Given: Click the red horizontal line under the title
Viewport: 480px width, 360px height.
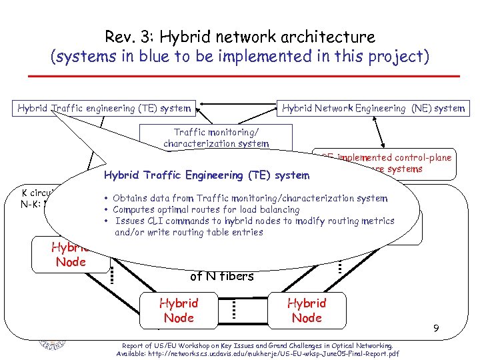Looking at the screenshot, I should coord(239,76).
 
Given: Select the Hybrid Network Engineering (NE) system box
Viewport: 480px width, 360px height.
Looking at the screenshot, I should coord(373,108).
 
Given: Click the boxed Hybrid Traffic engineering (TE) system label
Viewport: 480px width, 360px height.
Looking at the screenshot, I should coord(104,108).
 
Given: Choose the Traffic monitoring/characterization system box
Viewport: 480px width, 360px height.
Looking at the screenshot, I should coord(216,138).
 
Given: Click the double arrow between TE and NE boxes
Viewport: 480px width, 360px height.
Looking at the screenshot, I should coord(236,103).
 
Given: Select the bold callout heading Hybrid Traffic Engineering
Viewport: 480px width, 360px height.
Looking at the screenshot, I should coord(206,175).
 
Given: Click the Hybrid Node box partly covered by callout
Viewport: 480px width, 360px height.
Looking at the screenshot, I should coord(69,254).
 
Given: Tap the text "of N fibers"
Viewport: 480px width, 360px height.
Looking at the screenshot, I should coord(222,275).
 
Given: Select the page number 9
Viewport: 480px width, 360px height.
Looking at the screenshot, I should coord(435,328).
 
